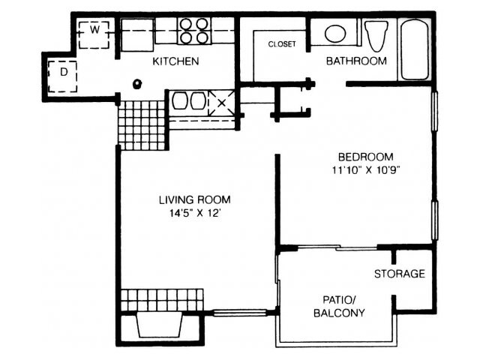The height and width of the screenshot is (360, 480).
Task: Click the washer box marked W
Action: [94, 35]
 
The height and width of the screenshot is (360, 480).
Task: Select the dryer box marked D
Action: [63, 76]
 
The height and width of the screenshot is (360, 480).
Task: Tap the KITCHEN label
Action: [175, 61]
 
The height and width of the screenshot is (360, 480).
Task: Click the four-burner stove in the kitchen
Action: [194, 31]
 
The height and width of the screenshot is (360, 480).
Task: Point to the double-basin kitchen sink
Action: [188, 101]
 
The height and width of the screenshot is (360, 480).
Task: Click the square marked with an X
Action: [222, 103]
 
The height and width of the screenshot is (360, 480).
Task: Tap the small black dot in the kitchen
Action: [136, 83]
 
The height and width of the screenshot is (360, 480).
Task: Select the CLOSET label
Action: [282, 44]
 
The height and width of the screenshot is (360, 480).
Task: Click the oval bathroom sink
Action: [335, 33]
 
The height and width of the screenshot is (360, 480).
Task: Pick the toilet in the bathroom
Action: [376, 35]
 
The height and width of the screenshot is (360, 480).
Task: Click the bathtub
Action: [415, 49]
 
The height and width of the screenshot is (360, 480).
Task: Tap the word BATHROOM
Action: [356, 61]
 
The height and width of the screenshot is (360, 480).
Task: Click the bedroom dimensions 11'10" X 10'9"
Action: [366, 170]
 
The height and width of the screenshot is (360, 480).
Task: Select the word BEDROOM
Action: [366, 157]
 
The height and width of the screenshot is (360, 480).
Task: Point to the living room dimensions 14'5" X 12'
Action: [195, 213]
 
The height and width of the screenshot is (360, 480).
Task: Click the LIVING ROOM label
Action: [195, 200]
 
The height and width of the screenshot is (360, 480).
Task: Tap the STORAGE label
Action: [400, 274]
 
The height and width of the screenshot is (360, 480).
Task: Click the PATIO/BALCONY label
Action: [339, 306]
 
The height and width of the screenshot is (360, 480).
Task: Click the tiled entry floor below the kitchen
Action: [142, 125]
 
